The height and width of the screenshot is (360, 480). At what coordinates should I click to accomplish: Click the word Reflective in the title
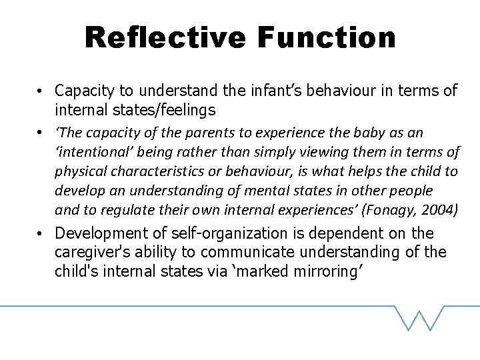coord(165,37)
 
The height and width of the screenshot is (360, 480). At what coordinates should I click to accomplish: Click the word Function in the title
coord(326,37)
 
